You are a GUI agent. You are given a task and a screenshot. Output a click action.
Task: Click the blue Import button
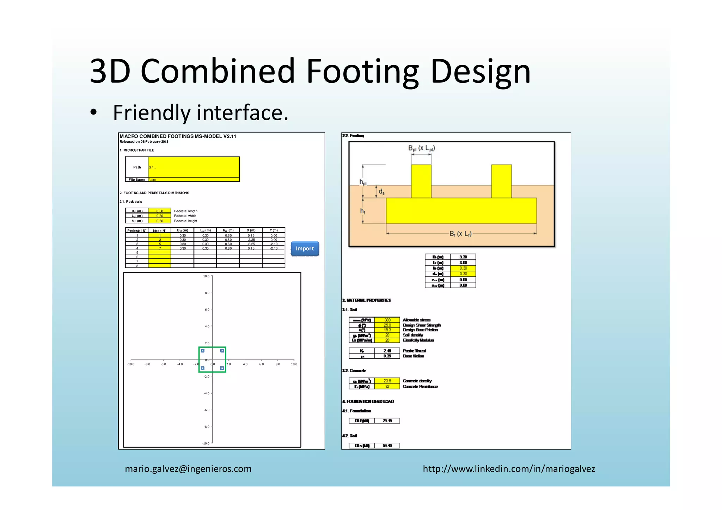click(x=305, y=248)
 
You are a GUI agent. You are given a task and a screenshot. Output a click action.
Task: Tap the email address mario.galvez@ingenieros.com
click(x=188, y=469)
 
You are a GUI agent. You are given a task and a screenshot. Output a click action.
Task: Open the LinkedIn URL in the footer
click(x=509, y=469)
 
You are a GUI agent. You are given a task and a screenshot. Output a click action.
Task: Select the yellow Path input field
click(x=194, y=167)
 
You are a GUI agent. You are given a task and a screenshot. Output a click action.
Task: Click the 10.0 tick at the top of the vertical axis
click(x=206, y=276)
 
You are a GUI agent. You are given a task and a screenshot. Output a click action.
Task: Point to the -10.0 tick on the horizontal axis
click(x=131, y=364)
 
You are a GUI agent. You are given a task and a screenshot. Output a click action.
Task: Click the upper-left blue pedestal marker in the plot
click(x=202, y=351)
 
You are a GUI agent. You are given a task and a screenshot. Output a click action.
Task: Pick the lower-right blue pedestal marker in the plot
click(x=222, y=368)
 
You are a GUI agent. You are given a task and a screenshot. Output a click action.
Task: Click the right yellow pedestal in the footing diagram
click(x=501, y=181)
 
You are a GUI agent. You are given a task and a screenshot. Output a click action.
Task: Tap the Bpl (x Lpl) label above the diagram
click(x=421, y=148)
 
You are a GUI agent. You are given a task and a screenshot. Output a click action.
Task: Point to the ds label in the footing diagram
click(x=381, y=192)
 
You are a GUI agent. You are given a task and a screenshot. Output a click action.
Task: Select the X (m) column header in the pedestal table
click(x=251, y=231)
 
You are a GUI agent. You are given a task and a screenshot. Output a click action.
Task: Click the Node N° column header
click(x=159, y=231)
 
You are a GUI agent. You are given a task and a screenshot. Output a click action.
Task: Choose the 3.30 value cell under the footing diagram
click(x=463, y=257)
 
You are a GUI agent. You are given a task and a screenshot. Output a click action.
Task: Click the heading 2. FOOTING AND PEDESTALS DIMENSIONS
click(x=154, y=193)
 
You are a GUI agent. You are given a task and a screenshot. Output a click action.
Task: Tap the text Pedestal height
click(x=185, y=221)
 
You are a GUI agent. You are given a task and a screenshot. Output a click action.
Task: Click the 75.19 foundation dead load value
click(x=387, y=421)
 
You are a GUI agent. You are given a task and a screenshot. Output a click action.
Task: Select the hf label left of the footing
click(x=362, y=211)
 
